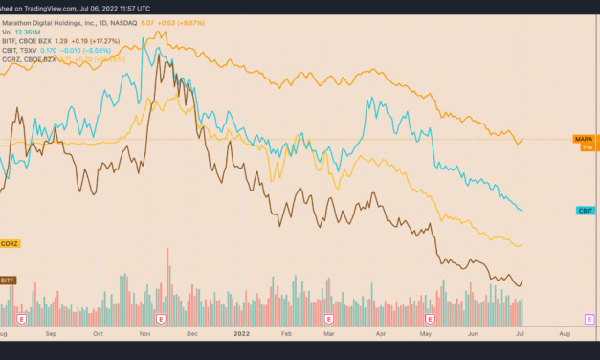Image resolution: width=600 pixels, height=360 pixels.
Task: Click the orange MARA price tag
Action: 583,140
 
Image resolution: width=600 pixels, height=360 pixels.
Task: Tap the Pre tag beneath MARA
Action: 588,148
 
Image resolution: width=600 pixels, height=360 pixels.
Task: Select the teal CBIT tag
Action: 584,210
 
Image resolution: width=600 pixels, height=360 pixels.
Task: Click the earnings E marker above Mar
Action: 328,318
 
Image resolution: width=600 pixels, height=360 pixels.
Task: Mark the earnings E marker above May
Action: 430,318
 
